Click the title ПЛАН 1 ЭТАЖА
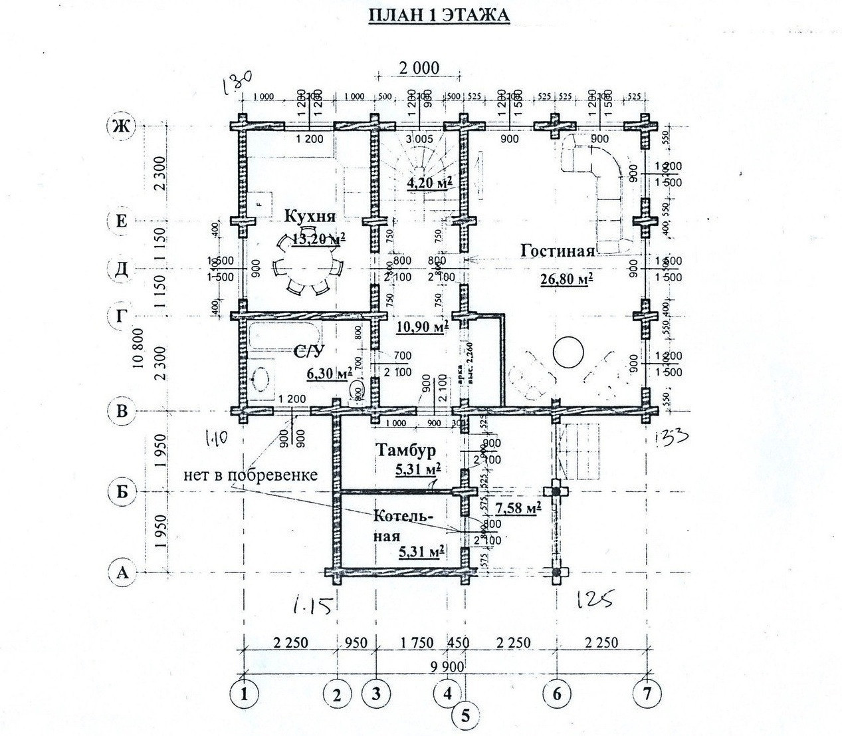coord(439,15)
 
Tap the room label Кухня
coord(310,216)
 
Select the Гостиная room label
coord(557,251)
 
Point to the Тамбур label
coord(405,451)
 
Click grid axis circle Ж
coord(121,126)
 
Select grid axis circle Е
coord(121,221)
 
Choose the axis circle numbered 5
coord(465,715)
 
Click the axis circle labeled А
coord(121,572)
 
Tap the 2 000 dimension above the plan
coord(419,67)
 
